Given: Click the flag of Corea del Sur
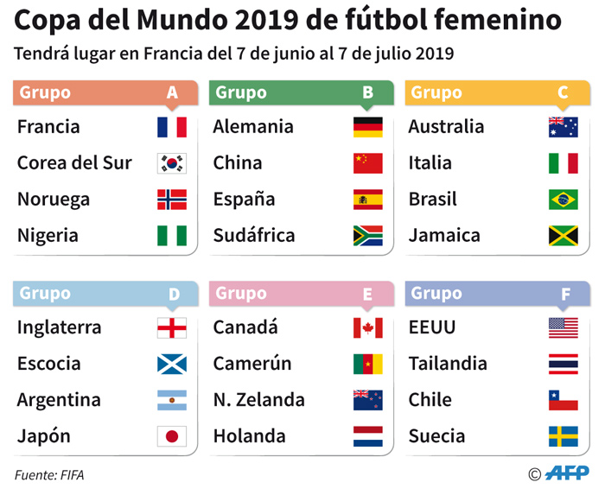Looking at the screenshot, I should click(171, 163).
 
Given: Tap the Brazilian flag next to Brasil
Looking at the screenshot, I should click(563, 200).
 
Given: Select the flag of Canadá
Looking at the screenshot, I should click(367, 328).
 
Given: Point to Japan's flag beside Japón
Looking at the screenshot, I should click(171, 436).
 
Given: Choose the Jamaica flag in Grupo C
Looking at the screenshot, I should click(563, 236).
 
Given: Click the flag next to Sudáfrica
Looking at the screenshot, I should click(367, 236).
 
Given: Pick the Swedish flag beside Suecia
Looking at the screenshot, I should click(563, 436).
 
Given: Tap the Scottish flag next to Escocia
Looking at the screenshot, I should click(171, 365).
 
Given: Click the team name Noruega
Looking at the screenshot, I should click(54, 200).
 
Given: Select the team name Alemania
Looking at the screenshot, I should click(253, 127).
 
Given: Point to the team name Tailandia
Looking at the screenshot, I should click(448, 364).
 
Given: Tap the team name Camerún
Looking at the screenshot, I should click(252, 364).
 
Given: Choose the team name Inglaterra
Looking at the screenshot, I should click(60, 328).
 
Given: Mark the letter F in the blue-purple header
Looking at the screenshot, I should click(565, 295).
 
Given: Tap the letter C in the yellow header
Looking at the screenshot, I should click(563, 93).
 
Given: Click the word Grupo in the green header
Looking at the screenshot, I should click(241, 92).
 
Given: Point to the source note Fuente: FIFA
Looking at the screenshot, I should click(49, 474).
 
